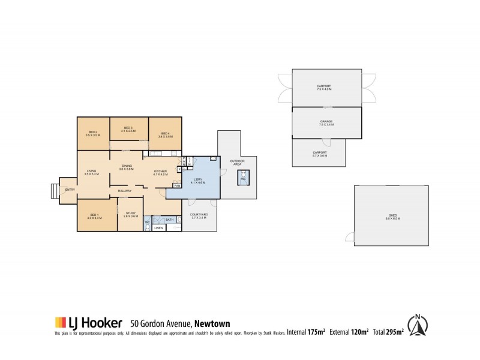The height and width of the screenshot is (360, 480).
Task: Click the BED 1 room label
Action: coord(94,216)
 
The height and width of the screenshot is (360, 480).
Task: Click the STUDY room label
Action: coord(131,214)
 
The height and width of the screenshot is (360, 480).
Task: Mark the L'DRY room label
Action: coord(198,180)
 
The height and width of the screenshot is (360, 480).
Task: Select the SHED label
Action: coord(392,217)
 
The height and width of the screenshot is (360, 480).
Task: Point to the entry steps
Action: coord(54,191)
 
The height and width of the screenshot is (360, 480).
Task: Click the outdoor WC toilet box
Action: coord(244,178)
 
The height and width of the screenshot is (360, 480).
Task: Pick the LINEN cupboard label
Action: coord(158,228)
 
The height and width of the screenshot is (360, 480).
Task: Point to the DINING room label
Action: coord(127,167)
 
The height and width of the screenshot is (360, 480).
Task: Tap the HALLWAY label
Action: coord(124,191)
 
